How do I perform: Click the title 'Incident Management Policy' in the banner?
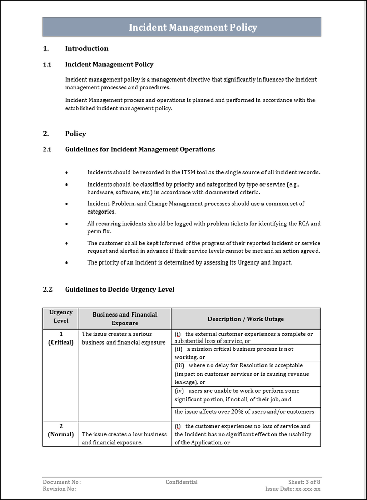click(193, 28)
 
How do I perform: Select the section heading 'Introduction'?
click(87, 49)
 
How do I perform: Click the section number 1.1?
click(47, 65)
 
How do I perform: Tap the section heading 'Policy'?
click(75, 134)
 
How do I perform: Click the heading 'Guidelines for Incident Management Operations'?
click(140, 150)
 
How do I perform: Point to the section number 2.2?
click(47, 290)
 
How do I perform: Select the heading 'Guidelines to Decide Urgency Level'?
click(119, 290)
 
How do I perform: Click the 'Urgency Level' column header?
click(61, 317)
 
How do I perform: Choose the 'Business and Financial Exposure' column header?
click(124, 319)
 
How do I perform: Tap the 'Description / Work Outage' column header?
click(246, 319)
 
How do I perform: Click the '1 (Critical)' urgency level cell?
click(61, 338)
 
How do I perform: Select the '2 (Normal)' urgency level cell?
click(61, 430)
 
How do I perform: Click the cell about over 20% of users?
click(244, 412)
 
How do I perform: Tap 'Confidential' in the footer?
click(181, 482)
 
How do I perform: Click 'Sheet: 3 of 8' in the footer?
click(304, 482)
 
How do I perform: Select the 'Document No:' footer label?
click(62, 482)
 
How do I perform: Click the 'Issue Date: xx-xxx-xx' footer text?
click(293, 489)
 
